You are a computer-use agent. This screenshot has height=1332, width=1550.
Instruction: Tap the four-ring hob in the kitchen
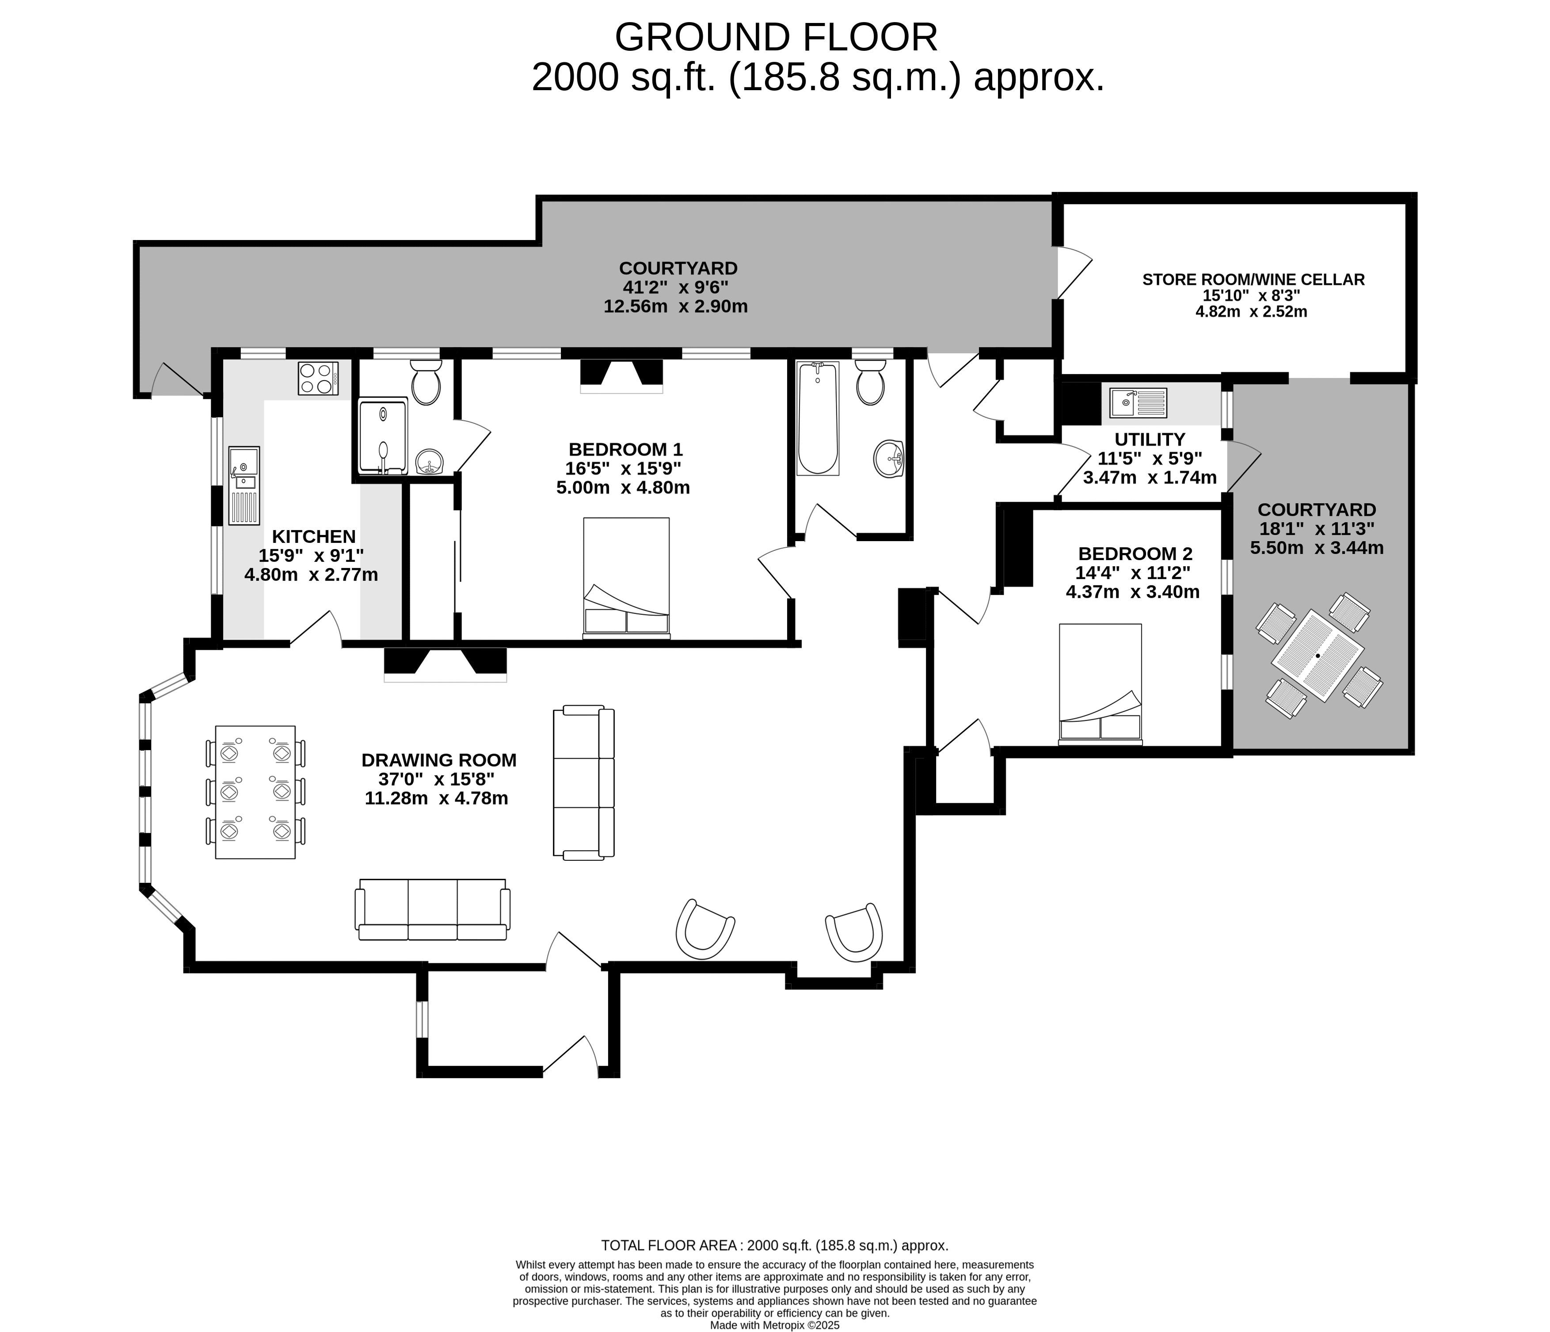[318, 378]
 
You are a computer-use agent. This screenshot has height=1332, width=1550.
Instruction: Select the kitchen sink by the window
[244, 485]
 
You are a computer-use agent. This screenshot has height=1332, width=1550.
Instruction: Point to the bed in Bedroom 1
[626, 578]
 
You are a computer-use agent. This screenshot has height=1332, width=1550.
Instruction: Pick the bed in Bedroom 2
[1101, 684]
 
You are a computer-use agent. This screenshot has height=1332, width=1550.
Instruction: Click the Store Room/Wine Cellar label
[1253, 279]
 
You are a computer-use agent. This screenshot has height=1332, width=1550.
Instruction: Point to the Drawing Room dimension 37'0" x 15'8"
[436, 779]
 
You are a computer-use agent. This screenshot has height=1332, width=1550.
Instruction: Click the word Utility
[1150, 439]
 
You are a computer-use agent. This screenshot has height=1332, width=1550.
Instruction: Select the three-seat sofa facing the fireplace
[432, 909]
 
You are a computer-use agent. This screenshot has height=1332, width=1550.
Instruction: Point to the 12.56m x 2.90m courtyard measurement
[675, 306]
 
